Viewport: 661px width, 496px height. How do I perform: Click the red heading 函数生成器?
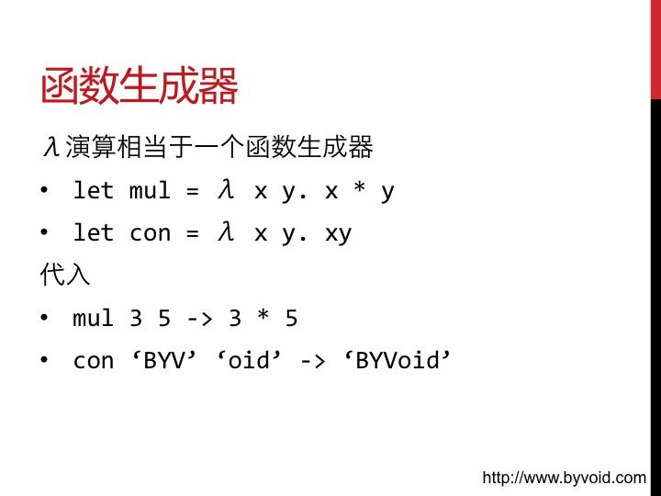140,85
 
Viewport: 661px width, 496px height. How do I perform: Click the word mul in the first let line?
150,191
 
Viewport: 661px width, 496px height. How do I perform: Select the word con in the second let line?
150,233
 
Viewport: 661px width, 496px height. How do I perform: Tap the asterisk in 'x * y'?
360,186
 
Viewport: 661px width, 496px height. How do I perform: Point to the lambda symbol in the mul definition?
226,189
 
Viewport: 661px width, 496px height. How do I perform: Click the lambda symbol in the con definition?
226,232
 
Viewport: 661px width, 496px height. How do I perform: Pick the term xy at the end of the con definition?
339,234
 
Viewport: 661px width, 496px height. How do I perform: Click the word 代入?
65,274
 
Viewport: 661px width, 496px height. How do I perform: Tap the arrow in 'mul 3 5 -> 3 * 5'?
199,319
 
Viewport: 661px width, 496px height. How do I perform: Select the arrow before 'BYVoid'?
312,362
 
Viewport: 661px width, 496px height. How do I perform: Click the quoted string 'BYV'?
164,360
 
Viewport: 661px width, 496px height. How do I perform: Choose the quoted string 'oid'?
249,360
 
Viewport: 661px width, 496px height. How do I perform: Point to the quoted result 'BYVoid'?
398,360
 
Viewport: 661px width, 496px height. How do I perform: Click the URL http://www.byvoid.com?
564,478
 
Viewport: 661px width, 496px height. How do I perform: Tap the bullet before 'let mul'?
44,190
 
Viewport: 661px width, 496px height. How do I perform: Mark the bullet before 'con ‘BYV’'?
44,360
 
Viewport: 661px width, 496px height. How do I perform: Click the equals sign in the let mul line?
192,191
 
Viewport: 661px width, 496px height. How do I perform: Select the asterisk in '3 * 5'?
263,315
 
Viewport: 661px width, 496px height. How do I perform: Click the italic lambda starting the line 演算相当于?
51,147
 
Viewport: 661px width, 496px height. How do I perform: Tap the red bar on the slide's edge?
655,50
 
